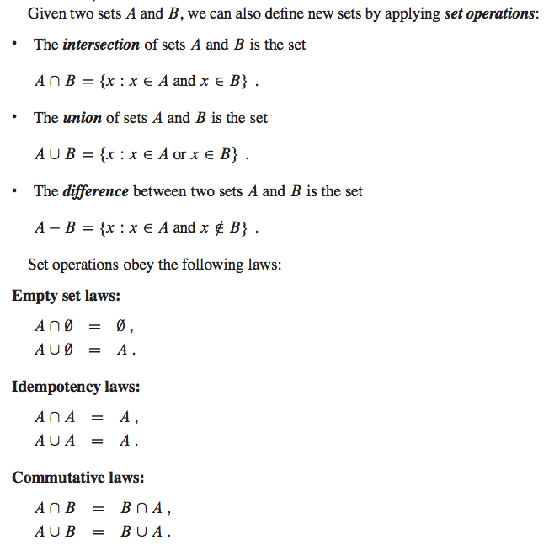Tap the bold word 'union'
82,118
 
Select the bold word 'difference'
95,191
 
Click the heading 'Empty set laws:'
66,296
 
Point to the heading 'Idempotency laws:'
76,387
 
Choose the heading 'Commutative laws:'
78,478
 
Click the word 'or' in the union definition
180,155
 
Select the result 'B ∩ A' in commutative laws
145,509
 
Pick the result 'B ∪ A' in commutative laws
145,532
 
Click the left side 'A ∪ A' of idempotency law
55,441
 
